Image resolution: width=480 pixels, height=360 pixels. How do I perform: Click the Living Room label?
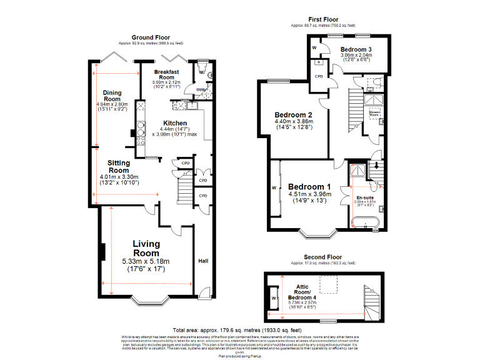click(x=146, y=248)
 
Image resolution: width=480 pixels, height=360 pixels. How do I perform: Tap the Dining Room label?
click(x=112, y=96)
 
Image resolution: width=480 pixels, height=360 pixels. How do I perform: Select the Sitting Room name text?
click(x=118, y=166)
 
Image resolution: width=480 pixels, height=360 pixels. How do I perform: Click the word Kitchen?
click(x=175, y=122)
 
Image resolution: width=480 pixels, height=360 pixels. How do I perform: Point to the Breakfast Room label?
click(x=167, y=74)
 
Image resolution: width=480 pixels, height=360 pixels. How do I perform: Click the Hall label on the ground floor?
click(x=203, y=261)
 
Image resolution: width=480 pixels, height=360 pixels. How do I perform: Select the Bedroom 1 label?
click(x=309, y=187)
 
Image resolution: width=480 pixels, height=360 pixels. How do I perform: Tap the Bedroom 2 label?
click(x=293, y=115)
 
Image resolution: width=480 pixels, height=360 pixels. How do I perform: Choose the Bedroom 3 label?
click(x=356, y=49)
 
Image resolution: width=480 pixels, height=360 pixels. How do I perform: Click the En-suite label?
click(x=365, y=197)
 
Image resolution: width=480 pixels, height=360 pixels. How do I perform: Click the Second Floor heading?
click(x=322, y=257)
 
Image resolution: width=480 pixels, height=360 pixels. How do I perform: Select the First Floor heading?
click(x=322, y=21)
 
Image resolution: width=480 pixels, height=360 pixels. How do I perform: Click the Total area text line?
click(x=237, y=330)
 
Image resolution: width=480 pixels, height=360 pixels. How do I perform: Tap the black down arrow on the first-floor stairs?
click(x=376, y=166)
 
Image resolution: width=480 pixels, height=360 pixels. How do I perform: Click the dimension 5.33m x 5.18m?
click(x=146, y=261)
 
